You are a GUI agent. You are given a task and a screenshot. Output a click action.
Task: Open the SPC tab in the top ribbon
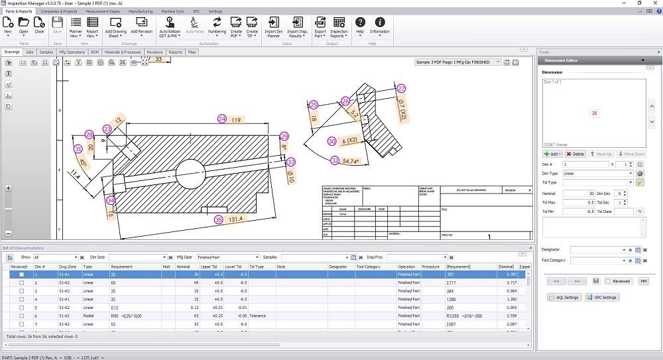pos(196,11)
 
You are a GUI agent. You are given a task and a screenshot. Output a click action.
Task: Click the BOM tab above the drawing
pos(95,52)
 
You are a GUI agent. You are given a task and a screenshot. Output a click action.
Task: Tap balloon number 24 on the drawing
pos(222,119)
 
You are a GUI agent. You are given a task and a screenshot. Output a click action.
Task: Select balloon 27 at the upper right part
pos(400,88)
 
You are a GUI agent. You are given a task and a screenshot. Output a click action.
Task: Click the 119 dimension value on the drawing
pos(236,120)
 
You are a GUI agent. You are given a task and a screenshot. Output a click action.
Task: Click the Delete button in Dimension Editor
pos(575,154)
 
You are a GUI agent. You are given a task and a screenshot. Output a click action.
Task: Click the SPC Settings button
pos(603,297)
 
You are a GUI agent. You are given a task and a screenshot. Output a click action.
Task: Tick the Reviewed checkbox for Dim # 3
pos(22,291)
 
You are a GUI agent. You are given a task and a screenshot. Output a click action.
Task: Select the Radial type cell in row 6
pos(88,316)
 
